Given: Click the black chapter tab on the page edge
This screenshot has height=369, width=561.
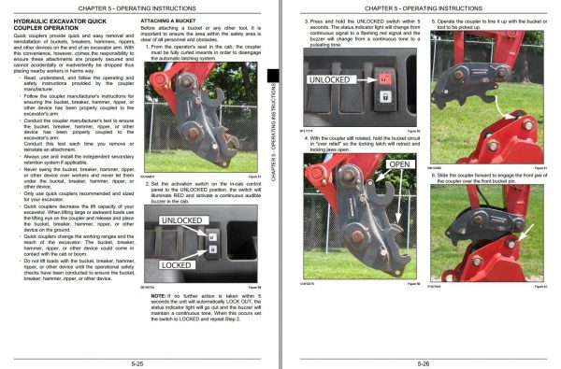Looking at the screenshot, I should tap(272, 82).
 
